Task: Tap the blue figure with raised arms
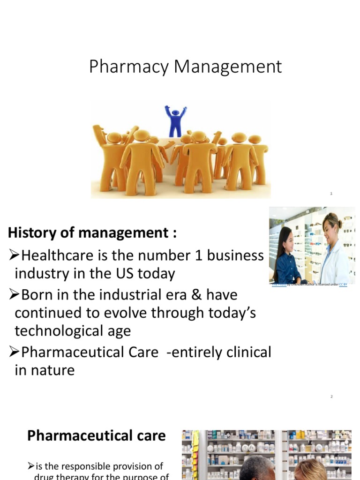[175, 121]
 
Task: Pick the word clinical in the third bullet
[247, 352]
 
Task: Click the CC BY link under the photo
[343, 285]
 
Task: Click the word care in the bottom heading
[150, 436]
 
